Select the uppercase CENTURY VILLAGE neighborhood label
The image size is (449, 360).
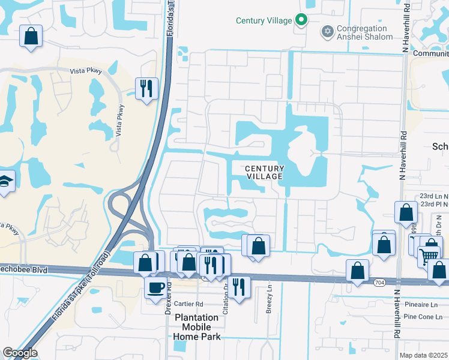[x=264, y=172]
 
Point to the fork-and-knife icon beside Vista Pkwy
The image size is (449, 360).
[x=146, y=89]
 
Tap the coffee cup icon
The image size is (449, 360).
[x=155, y=287]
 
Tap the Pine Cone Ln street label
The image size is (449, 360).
[x=426, y=316]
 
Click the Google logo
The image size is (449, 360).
[x=20, y=353]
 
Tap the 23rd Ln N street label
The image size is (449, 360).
[x=434, y=196]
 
